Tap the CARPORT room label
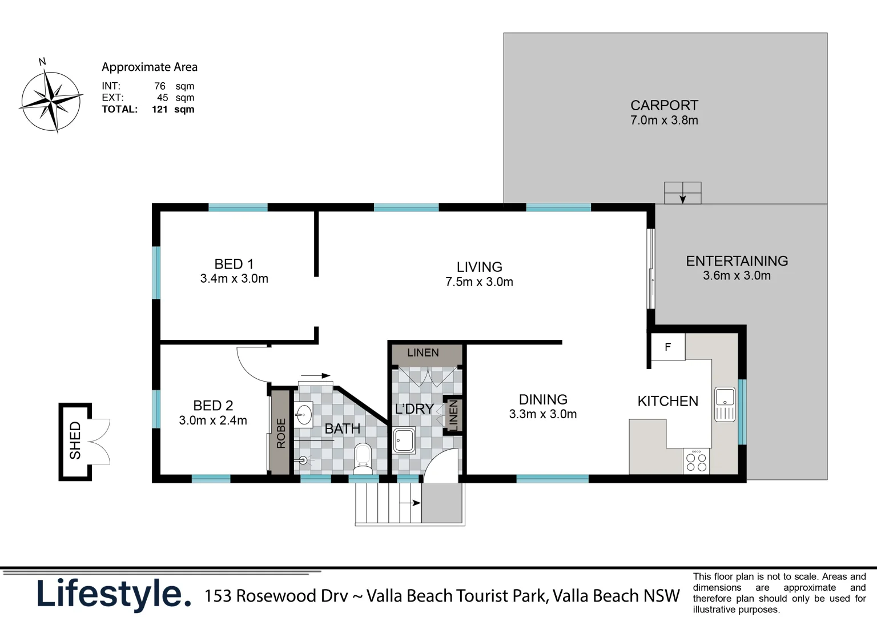tap(664, 105)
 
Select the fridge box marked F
tap(668, 347)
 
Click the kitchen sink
tap(725, 404)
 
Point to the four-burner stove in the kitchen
tap(696, 462)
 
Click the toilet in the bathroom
tap(363, 458)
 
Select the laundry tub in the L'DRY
tap(404, 440)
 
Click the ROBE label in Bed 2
tap(281, 433)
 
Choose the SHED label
tap(75, 440)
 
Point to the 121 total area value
tap(160, 109)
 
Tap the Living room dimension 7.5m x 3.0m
tap(479, 282)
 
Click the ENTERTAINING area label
tap(737, 261)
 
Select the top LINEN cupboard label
tap(423, 352)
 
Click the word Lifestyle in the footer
tap(114, 595)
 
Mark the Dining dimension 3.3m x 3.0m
tap(542, 414)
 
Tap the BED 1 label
tap(234, 264)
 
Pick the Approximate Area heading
tap(150, 67)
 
